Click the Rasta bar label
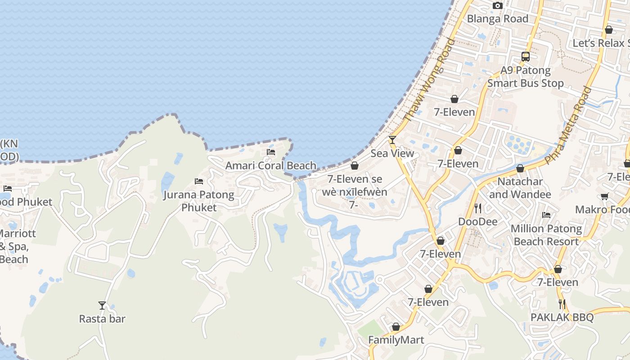tap(102, 319)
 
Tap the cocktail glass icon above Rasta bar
tap(102, 306)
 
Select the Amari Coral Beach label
tap(270, 165)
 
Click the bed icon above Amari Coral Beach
tap(271, 152)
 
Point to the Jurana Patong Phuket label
tap(198, 201)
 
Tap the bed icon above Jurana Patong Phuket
tap(199, 181)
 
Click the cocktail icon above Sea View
tap(392, 140)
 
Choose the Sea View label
tap(392, 153)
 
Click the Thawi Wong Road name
tap(429, 80)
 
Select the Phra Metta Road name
tap(568, 125)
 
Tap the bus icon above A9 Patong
tap(526, 57)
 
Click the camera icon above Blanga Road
tap(497, 6)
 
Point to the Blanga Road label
tap(497, 19)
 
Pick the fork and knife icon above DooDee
tap(478, 208)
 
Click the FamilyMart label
tap(396, 340)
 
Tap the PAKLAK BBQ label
tap(562, 317)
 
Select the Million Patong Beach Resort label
tap(546, 235)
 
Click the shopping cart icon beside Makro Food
tap(604, 196)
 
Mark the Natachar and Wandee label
tap(520, 188)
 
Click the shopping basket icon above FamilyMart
tap(396, 327)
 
